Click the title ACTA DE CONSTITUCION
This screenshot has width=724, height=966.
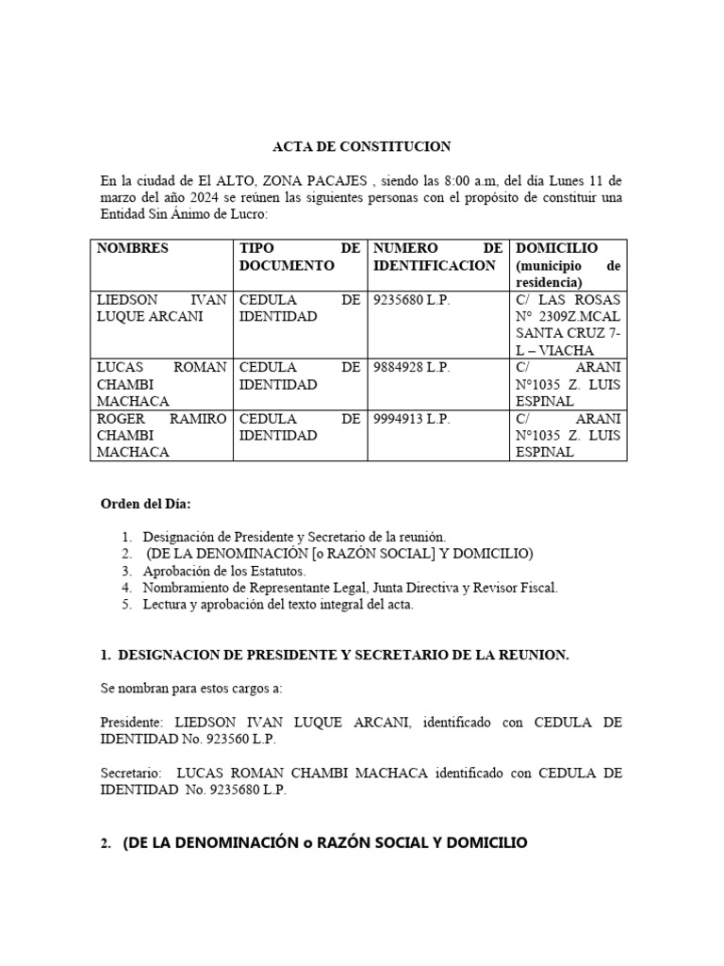pos(361,146)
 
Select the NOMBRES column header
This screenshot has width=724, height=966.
pos(132,248)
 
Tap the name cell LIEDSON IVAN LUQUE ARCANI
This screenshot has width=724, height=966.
pos(161,308)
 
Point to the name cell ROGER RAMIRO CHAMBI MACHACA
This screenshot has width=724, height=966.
pos(161,435)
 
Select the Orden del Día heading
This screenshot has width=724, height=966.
pos(145,504)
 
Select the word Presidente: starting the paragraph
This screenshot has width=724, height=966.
pos(131,723)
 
